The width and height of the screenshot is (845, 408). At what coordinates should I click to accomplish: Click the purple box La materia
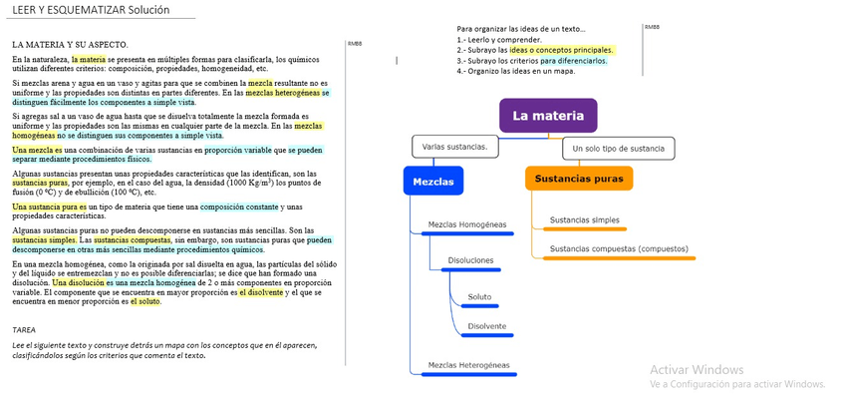548,116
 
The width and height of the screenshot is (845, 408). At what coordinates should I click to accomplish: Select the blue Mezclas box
433,182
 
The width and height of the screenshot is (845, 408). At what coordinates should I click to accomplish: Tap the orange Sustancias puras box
579,180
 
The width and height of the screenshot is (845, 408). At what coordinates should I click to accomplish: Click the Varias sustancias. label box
454,147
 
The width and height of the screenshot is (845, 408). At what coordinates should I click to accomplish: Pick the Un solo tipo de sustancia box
619,149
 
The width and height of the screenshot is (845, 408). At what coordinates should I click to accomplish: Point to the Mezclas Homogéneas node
467,224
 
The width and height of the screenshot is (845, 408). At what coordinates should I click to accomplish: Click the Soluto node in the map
479,296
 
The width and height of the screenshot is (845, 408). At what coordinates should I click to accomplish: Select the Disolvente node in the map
486,326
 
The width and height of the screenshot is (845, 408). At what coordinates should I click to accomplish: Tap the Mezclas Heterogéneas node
468,365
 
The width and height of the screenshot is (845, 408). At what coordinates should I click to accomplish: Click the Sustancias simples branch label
585,219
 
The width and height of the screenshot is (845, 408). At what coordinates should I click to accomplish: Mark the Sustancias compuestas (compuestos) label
619,248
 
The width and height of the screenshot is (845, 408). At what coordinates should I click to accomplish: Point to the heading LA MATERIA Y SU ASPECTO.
70,45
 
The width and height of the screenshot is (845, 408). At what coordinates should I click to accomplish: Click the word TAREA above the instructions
24,329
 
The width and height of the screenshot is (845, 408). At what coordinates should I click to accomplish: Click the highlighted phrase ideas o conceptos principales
562,50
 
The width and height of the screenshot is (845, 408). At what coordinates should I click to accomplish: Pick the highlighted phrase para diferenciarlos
574,60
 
